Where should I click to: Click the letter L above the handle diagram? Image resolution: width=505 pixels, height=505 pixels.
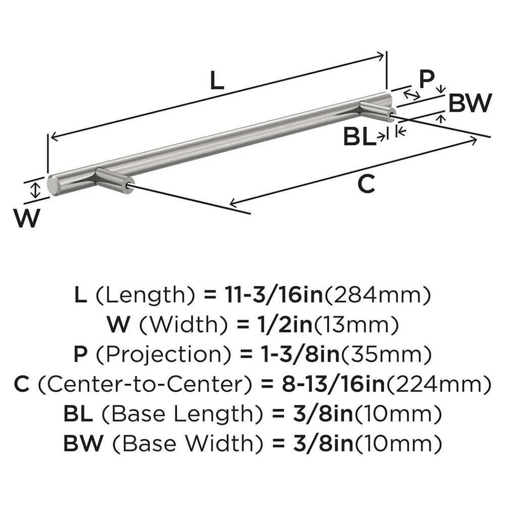tap(216, 80)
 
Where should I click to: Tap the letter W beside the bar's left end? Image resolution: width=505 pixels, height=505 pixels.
tap(26, 219)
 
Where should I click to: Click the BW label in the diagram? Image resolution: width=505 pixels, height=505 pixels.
tap(470, 104)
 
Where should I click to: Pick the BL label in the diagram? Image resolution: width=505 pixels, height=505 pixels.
tap(360, 137)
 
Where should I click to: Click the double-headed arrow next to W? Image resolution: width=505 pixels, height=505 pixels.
tap(34, 190)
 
